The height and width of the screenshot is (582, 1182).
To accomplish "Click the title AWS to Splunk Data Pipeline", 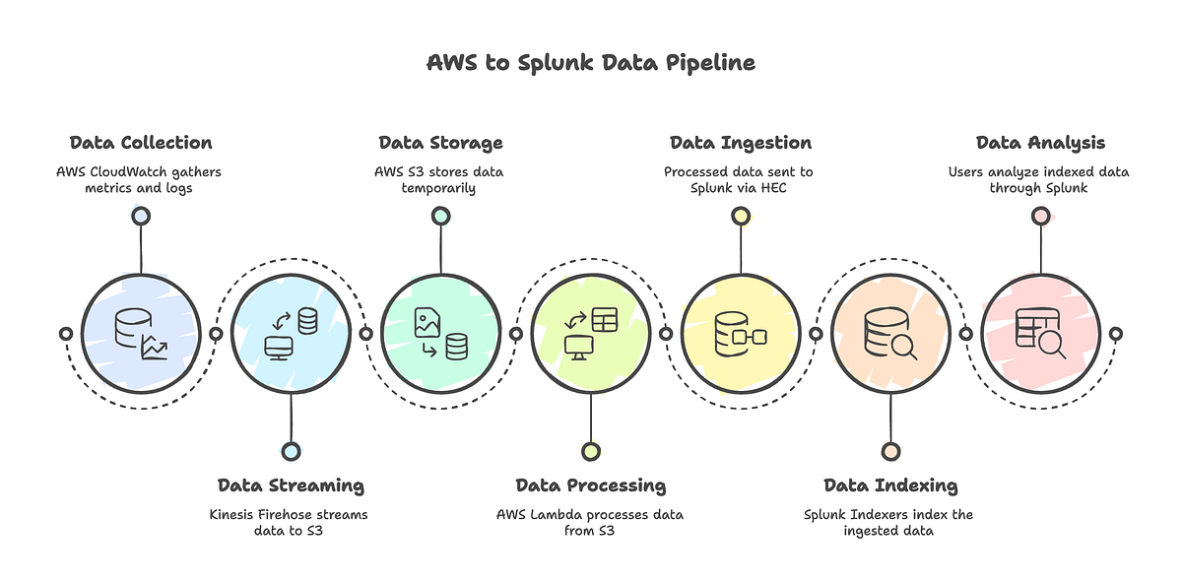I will click(591, 63).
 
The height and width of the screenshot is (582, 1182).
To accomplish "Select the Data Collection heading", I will click(141, 143).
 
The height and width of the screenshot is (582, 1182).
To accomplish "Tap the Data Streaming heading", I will click(291, 485).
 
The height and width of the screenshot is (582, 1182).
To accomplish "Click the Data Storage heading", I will click(440, 143).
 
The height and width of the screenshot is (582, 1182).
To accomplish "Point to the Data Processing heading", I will click(591, 485).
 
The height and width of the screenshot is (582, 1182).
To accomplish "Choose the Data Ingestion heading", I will click(741, 143).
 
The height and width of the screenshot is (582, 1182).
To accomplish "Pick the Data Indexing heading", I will click(890, 485).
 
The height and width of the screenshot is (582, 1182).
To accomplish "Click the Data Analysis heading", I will click(1040, 143).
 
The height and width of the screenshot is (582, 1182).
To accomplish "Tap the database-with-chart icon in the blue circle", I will click(141, 334).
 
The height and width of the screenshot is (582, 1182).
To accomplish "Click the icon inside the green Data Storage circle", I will click(440, 334).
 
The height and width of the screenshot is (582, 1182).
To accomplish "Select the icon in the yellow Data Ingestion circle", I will click(741, 334).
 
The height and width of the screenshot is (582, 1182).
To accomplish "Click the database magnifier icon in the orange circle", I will click(890, 334).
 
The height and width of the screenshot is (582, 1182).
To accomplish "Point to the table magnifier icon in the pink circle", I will click(1040, 334).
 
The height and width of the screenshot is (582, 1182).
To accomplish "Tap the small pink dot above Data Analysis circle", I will click(1040, 216).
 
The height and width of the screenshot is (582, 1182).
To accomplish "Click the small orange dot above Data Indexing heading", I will click(890, 451).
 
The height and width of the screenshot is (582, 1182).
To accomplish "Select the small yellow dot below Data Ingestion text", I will click(741, 216).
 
